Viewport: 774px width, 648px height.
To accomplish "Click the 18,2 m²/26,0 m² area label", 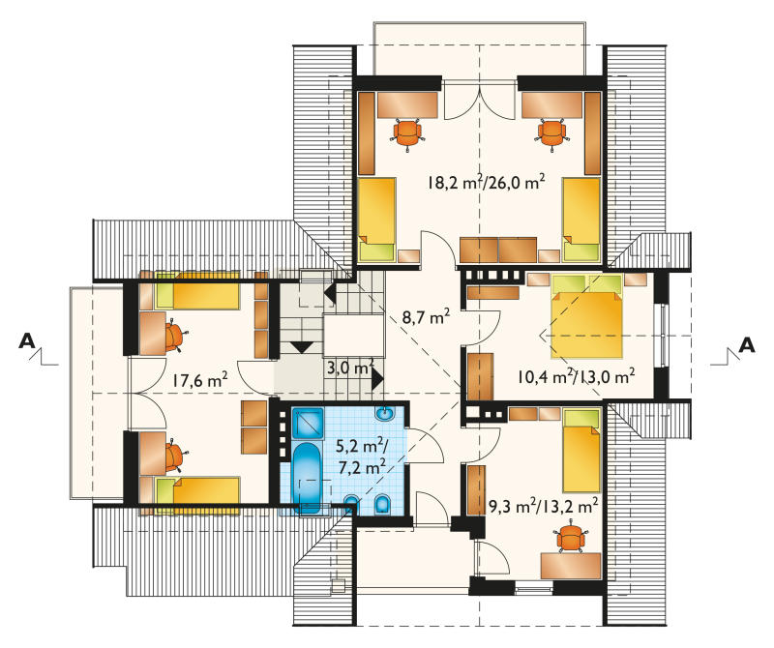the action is (487, 182).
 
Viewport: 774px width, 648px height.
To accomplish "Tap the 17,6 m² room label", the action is (200, 380).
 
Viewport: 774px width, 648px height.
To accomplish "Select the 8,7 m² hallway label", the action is (426, 316).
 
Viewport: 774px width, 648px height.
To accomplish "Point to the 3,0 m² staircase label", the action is (350, 368).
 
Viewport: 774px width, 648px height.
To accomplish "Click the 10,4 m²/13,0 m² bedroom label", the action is (576, 376).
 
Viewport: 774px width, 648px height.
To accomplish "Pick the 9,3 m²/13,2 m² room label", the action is (543, 506).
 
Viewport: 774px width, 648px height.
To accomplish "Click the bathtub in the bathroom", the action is (307, 478).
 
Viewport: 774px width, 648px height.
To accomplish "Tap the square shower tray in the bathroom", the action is (308, 423).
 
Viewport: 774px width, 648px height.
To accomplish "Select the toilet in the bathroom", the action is (382, 504).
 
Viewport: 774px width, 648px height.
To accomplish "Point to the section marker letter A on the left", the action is (27, 340).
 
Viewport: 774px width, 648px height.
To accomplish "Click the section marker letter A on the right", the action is (747, 344).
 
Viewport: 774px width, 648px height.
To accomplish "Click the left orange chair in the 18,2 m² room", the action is (407, 133).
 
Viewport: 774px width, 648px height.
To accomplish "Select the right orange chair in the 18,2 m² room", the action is (551, 133).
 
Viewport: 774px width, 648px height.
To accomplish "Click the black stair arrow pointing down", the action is (302, 346).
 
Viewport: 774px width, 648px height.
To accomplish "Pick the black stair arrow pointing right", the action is (377, 379).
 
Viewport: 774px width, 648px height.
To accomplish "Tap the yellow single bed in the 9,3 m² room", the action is (581, 450).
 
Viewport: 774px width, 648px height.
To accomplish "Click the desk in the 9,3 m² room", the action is (571, 566).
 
